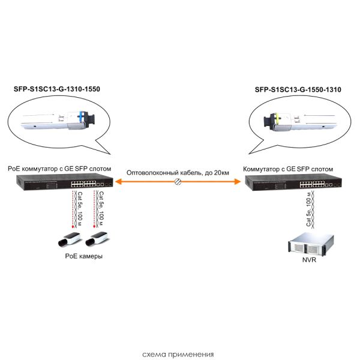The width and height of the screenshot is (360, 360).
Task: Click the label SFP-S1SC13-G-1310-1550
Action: point(56,89)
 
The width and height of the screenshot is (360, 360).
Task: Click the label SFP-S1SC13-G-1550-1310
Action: point(298,89)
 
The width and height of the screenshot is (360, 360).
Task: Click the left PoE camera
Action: point(67,241)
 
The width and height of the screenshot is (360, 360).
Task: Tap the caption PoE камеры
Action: point(83,256)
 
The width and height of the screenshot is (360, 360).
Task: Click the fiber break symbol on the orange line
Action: point(178,182)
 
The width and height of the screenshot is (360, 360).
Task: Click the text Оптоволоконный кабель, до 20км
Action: point(178,173)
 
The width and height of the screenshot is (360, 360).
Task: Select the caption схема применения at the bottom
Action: point(178,353)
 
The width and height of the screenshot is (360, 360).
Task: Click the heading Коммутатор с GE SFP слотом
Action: point(287,170)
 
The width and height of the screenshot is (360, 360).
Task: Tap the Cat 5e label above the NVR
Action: point(308,210)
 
